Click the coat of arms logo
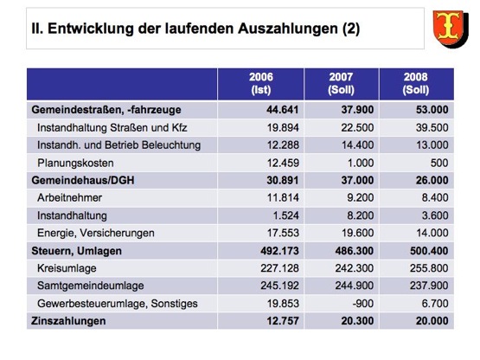451,29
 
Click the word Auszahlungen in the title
288,29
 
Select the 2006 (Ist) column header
261,83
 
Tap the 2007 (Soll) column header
341,83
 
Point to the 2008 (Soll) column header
416,83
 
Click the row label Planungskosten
75,163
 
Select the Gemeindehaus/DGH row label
83,180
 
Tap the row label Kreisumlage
67,268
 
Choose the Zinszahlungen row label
68,321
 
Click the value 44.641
282,110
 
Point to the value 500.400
429,251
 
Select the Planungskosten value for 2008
439,163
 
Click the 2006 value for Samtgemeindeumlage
279,286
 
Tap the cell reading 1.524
285,215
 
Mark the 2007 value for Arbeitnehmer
361,197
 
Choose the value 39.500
432,127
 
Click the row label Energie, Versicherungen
96,233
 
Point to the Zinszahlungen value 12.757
283,321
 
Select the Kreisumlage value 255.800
429,268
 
